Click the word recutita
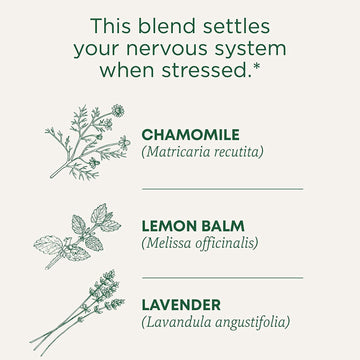[240, 152]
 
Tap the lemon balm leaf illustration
[77, 235]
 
